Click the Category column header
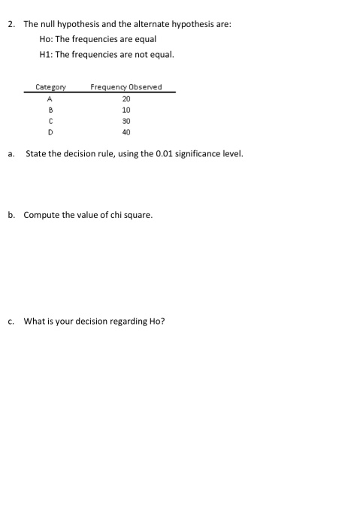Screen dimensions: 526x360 [50, 87]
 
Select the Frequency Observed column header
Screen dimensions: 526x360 [126, 87]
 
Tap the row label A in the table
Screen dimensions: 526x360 [50, 98]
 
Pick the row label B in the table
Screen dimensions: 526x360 [50, 109]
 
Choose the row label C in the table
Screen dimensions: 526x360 [50, 120]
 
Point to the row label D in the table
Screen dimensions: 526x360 [50, 131]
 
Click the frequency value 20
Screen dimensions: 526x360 [126, 98]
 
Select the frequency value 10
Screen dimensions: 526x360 [126, 109]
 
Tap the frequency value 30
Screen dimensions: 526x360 [126, 120]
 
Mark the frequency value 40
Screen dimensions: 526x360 [126, 131]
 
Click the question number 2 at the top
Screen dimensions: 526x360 [11, 24]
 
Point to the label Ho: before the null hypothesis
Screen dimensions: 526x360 [47, 39]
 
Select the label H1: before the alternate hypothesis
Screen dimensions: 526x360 [47, 54]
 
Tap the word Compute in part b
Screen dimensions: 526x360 [42, 215]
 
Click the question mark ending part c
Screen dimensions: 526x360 [162, 322]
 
